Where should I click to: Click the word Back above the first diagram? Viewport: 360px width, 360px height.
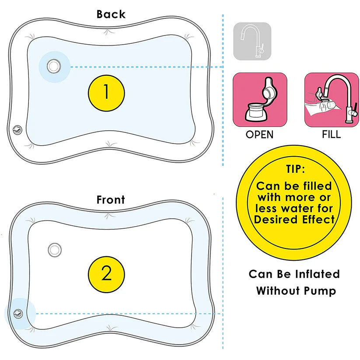111,14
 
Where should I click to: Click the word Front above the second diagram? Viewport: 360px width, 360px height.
111,200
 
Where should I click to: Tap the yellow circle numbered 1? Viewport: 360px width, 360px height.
107,91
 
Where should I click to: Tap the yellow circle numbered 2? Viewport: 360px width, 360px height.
107,274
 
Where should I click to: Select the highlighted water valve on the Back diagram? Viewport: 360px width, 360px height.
54,66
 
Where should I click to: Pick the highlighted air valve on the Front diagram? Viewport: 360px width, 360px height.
18,313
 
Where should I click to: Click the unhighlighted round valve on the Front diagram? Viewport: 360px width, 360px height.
55,249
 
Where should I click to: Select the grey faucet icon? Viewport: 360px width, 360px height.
252,41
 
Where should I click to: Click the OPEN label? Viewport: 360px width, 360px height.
260,134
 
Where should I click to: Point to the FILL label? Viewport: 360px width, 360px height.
331,134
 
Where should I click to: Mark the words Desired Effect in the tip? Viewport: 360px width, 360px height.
294,220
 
